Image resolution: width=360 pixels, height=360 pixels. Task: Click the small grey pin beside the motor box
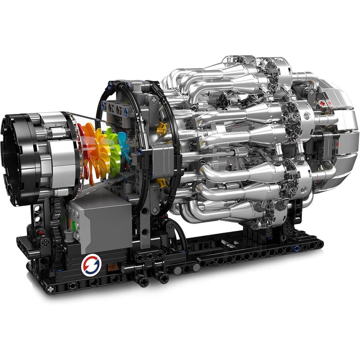(x=67, y=234)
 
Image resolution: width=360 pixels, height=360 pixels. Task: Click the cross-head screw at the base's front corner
(x=50, y=288)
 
